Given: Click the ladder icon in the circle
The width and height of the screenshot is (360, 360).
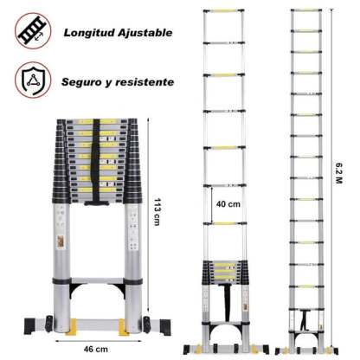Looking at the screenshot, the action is point(33,31).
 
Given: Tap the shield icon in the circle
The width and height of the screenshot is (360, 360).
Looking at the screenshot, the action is point(34,80).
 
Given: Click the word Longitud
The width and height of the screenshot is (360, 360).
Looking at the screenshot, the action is point(89,33).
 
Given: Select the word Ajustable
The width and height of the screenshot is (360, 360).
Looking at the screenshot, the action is point(145,32).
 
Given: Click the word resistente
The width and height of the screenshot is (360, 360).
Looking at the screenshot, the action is point(145,82).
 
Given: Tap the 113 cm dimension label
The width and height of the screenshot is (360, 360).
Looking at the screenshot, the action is point(157,212).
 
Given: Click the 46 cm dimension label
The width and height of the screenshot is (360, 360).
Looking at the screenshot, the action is point(96,350).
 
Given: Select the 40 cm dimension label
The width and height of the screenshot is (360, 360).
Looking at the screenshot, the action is point(228,204).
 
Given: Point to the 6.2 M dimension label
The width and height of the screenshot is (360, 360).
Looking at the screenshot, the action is point(339,173).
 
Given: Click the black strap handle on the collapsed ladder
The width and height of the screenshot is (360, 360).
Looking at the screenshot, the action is point(96,163).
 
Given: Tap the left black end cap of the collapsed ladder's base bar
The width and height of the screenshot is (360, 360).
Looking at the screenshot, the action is point(29,326).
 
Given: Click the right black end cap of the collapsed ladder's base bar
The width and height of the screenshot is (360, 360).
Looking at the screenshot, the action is point(165,327).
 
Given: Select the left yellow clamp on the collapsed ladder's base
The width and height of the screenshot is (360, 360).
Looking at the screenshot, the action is point(71,327).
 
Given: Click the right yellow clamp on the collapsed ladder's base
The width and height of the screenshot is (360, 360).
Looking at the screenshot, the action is point(123,327).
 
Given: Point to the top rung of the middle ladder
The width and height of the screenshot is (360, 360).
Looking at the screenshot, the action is point(224,11).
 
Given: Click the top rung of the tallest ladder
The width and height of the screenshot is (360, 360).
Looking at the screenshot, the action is point(306,10).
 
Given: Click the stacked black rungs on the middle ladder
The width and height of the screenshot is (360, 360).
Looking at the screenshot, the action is point(224,273).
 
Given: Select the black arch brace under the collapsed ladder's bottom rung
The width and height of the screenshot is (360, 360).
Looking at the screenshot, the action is point(98,290).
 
